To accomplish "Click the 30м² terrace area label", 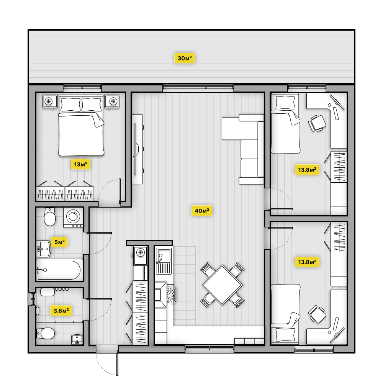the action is click(185, 58).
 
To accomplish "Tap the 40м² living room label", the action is click(202, 211).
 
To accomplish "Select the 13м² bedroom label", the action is click(80, 164).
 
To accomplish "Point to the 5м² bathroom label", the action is click(59, 242).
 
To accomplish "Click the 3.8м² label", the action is click(61, 311).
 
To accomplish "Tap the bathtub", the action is click(59, 270).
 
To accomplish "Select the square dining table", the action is click(222, 285).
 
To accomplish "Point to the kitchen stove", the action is click(164, 294).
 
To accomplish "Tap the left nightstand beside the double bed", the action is click(50, 101).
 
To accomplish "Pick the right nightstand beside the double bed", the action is click(112, 101).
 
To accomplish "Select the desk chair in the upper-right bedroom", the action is click(317, 123).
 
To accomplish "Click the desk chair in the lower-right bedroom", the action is click(317, 314).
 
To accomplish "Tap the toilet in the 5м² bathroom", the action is click(49, 216).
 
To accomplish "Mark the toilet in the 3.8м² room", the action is click(46, 333).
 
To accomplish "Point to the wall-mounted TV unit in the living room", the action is click(137, 149).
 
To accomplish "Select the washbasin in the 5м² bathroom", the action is click(44, 249).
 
